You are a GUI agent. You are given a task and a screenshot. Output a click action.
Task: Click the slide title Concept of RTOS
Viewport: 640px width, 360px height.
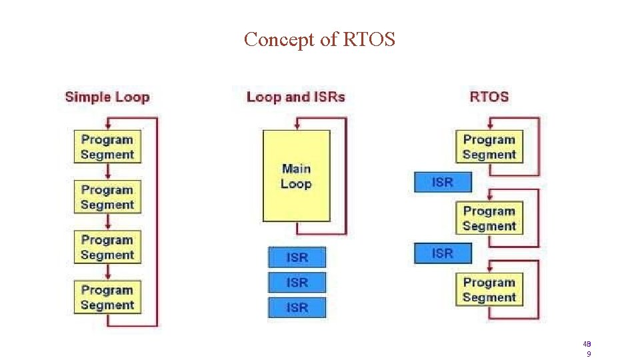pyautogui.click(x=319, y=39)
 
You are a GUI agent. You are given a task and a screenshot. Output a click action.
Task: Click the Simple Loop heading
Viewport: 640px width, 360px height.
pyautogui.click(x=107, y=97)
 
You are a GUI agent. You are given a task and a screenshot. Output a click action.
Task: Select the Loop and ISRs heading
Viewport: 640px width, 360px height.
pyautogui.click(x=295, y=97)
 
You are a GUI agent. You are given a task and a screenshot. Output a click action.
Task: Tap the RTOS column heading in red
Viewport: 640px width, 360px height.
pyautogui.click(x=489, y=97)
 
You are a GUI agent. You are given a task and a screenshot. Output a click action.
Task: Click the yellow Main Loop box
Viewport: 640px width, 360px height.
pyautogui.click(x=296, y=176)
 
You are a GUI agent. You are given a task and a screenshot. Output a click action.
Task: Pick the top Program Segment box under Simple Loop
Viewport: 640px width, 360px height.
pyautogui.click(x=107, y=147)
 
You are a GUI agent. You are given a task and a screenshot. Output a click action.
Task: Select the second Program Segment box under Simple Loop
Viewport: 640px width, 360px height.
pyautogui.click(x=107, y=197)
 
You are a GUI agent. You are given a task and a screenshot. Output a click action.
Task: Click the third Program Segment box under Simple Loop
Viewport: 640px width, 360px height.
pyautogui.click(x=107, y=247)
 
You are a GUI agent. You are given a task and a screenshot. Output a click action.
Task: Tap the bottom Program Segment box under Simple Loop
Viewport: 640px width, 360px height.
pyautogui.click(x=107, y=297)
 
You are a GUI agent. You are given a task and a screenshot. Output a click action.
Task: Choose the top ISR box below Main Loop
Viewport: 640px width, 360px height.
pyautogui.click(x=297, y=257)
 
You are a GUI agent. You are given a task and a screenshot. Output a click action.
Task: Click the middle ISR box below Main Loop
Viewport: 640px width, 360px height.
pyautogui.click(x=297, y=283)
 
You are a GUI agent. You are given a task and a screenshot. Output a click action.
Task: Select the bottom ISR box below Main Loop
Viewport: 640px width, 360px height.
pyautogui.click(x=297, y=307)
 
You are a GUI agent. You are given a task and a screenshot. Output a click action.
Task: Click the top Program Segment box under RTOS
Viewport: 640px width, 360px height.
pyautogui.click(x=489, y=147)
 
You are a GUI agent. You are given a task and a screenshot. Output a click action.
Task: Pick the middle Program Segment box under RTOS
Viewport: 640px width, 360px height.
pyautogui.click(x=489, y=218)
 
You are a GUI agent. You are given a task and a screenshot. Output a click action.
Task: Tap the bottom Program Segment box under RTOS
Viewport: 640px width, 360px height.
pyautogui.click(x=489, y=289)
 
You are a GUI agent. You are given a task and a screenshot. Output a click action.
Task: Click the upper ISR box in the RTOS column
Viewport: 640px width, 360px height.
pyautogui.click(x=443, y=182)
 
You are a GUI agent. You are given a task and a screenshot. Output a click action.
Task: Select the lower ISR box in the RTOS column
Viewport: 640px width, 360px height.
pyautogui.click(x=443, y=253)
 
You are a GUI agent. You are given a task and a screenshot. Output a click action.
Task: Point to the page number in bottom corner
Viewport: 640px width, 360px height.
pyautogui.click(x=588, y=349)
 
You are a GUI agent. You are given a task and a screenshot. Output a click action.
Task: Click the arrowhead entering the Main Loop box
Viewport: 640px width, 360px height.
pyautogui.click(x=297, y=126)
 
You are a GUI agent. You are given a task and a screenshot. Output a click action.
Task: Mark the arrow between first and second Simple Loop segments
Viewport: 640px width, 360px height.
pyautogui.click(x=107, y=172)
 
